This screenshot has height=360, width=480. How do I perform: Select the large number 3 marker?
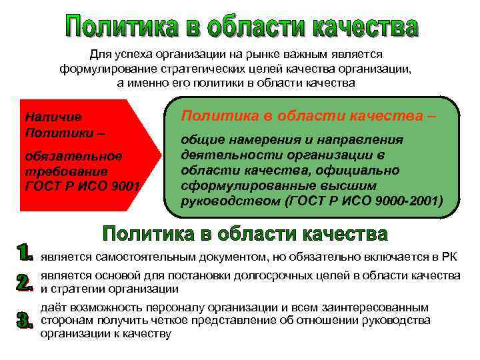(25, 320)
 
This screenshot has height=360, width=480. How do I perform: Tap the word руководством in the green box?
(225, 200)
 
